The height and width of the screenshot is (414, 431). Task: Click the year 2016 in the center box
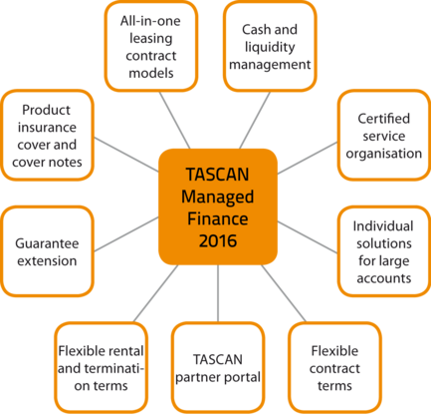pyautogui.click(x=218, y=240)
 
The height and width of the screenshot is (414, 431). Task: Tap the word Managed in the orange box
pyautogui.click(x=218, y=197)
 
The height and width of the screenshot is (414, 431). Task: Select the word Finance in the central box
pyautogui.click(x=218, y=218)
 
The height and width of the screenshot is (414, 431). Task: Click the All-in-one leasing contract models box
pyautogui.click(x=151, y=46)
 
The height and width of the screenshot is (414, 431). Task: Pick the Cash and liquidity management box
pyautogui.click(x=270, y=46)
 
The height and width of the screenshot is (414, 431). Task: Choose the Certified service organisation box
pyautogui.click(x=384, y=136)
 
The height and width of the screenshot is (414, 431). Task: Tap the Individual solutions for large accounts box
pyautogui.click(x=384, y=251)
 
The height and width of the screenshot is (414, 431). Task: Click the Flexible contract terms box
pyautogui.click(x=334, y=368)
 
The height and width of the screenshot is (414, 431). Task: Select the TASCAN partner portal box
pyautogui.click(x=218, y=368)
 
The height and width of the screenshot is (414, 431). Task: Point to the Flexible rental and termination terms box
pyautogui.click(x=101, y=368)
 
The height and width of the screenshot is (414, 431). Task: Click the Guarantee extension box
pyautogui.click(x=47, y=251)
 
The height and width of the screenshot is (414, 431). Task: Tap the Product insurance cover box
pyautogui.click(x=47, y=136)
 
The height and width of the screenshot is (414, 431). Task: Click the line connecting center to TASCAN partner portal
pyautogui.click(x=218, y=293)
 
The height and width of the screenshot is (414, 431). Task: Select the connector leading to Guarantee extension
pyautogui.click(x=126, y=234)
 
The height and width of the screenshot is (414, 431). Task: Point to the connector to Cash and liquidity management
pyautogui.click(x=255, y=120)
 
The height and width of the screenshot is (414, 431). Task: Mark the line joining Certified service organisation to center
pyautogui.click(x=308, y=158)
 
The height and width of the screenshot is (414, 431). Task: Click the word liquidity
pyautogui.click(x=270, y=47)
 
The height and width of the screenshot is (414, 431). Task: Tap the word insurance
pyautogui.click(x=47, y=127)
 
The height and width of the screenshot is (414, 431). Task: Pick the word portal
pyautogui.click(x=243, y=378)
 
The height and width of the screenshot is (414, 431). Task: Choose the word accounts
pyautogui.click(x=384, y=278)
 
